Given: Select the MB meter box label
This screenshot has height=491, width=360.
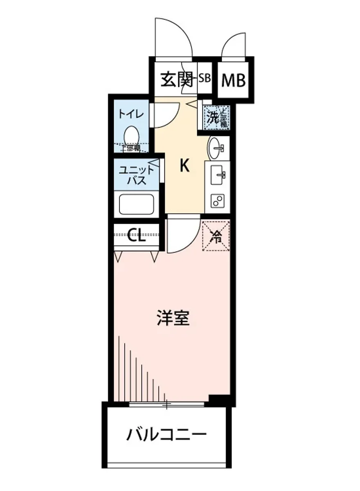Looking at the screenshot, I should (233, 81).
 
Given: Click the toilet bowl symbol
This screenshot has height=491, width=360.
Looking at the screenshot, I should (131, 135).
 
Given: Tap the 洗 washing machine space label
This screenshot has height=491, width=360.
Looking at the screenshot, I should (213, 118).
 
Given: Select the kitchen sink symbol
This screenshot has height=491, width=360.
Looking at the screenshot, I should (217, 176).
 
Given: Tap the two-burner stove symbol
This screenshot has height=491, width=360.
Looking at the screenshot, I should (217, 201).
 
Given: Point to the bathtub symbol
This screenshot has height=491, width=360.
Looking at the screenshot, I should (136, 205).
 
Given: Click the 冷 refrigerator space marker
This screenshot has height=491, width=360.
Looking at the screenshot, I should (216, 236).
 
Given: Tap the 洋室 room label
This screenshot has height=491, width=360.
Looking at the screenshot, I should (173, 318).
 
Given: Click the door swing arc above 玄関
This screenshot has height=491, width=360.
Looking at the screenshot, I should (174, 37).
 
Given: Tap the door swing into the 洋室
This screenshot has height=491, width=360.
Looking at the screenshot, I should (182, 235).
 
